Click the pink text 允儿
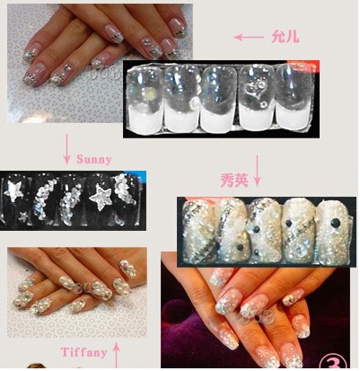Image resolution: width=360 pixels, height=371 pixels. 285,37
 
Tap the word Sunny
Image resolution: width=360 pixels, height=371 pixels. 94,159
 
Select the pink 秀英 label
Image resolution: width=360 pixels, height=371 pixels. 234,181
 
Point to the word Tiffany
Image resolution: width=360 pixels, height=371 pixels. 83,352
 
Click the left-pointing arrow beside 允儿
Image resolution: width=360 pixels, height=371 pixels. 249,37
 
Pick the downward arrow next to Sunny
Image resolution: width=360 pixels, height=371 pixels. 66,148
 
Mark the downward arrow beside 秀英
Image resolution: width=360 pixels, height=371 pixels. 258,171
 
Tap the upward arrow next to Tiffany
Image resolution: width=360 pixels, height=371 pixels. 117,356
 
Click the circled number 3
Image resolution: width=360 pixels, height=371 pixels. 334,363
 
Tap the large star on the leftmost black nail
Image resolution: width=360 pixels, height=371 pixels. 13,190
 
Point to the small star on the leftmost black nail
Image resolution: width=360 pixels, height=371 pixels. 23,216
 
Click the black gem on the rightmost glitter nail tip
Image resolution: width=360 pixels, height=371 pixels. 336,223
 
